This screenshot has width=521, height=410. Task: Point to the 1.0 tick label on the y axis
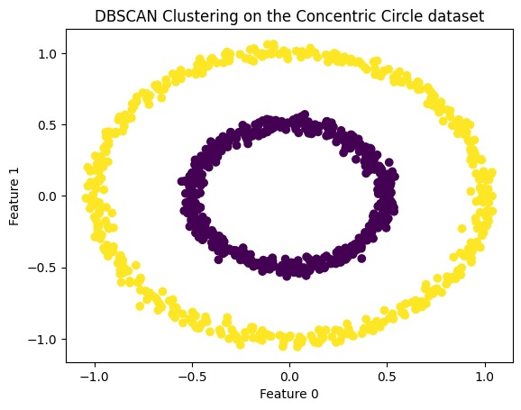pos(48,53)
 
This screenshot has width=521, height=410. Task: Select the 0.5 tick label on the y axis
pos(48,124)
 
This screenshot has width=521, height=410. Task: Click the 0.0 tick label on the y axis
pos(48,196)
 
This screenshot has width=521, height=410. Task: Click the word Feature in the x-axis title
pos(277,395)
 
